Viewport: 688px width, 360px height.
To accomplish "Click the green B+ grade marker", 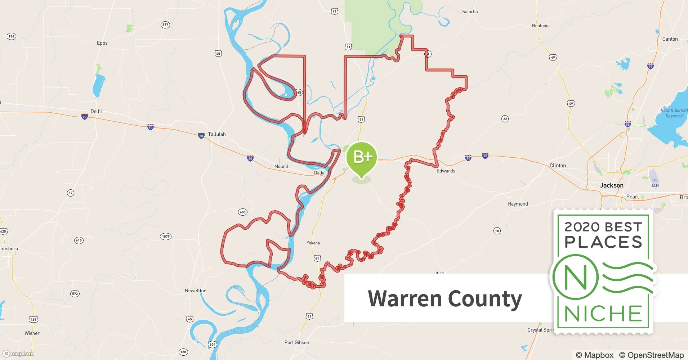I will (x=361, y=157).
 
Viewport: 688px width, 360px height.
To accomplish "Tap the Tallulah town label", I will (x=216, y=134).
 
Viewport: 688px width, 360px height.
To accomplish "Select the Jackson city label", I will (x=611, y=185).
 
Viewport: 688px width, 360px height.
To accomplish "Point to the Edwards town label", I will (x=446, y=171).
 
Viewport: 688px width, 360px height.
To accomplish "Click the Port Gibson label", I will (x=296, y=342).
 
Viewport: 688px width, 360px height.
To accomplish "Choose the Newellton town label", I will (x=195, y=291).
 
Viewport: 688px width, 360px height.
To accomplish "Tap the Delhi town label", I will (x=96, y=111).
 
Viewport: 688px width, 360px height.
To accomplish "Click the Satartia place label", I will (x=470, y=12).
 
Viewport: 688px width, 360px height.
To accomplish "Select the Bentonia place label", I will (x=540, y=26).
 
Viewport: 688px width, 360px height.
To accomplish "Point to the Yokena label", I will (x=313, y=243).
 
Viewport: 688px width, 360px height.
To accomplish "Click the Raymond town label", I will (x=518, y=204).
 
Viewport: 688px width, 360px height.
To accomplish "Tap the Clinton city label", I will (x=557, y=166).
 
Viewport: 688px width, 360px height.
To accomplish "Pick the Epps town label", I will (x=102, y=43).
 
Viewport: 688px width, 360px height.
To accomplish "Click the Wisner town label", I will (x=32, y=333).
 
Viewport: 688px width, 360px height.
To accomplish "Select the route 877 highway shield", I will (x=165, y=25).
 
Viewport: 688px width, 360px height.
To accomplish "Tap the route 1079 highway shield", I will (x=165, y=237).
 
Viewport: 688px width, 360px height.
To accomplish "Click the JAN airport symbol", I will (x=655, y=180).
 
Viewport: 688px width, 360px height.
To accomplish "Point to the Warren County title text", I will (x=444, y=298).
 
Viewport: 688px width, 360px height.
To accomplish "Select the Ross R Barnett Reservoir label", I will (x=674, y=113).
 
